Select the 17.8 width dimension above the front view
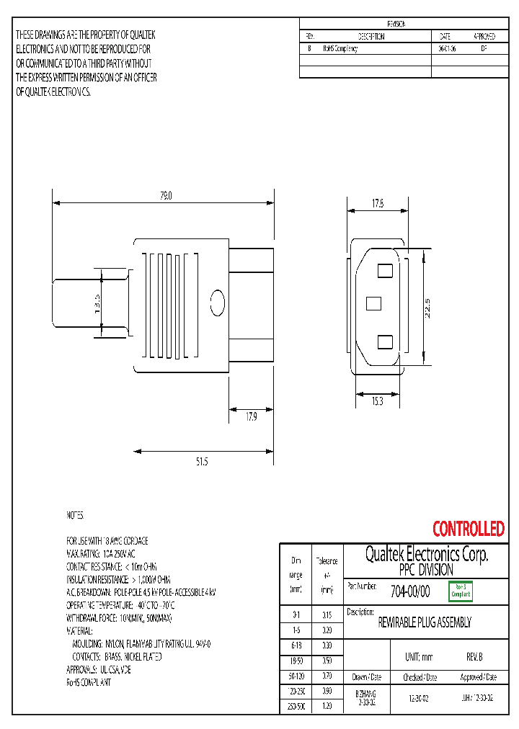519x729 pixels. click(378, 204)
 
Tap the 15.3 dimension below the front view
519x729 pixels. click(378, 401)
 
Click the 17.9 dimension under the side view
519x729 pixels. click(251, 416)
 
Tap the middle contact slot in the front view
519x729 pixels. click(373, 303)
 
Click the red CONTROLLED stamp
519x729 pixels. click(468, 529)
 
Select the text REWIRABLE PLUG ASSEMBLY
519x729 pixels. click(425, 622)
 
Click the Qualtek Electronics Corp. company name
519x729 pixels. click(427, 555)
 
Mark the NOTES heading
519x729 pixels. click(76, 516)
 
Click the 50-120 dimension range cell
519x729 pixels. click(296, 677)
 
